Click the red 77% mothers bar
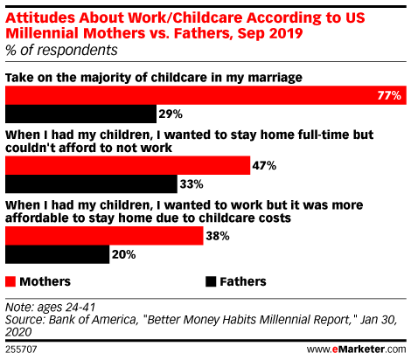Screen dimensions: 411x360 pos(205,95)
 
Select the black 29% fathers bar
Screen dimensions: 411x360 pos(80,114)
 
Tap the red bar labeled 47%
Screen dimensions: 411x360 pos(128,165)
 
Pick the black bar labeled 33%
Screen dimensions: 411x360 pos(91,183)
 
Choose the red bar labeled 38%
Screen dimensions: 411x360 pos(104,236)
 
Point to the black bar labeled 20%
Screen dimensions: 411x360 pos(58,254)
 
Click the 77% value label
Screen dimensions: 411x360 pos(389,95)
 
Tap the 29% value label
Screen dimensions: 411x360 pos(171,114)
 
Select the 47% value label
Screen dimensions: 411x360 pos(264,166)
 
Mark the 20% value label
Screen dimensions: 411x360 pos(124,254)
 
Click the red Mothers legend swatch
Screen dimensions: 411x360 pos(10,281)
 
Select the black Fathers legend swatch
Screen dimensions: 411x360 pos(211,281)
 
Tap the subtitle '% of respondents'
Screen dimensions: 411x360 pos(61,50)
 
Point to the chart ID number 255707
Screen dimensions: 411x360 pos(21,350)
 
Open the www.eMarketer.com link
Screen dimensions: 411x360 pos(356,349)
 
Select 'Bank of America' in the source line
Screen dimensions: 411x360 pos(93,320)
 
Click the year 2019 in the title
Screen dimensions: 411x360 pos(286,33)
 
